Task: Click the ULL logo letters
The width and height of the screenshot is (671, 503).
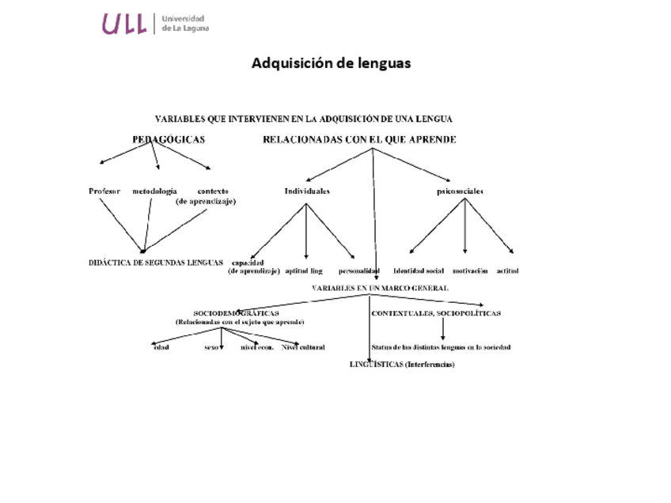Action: coord(124,25)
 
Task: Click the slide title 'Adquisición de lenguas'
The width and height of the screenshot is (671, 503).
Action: coord(331,63)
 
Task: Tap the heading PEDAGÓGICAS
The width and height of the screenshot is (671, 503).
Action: coord(169,140)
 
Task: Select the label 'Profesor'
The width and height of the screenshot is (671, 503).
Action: coord(104,191)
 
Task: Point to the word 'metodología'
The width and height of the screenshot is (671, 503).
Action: coord(154,191)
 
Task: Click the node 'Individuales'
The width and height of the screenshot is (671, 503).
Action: coord(307,191)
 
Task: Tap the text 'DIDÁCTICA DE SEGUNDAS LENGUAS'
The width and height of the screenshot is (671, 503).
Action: coord(156,263)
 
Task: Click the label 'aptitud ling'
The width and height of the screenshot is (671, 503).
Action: coord(304,270)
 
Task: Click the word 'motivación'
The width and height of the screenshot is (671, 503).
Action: coord(470,270)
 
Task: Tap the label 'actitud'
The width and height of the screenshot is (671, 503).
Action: coord(508,270)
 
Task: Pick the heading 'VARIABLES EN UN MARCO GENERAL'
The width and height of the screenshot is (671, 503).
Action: coord(380,288)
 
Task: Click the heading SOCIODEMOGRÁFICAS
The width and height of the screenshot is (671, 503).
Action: coord(236,313)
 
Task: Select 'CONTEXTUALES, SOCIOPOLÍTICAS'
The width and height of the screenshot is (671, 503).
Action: coord(436,313)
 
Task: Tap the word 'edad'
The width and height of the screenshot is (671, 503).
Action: coord(161,347)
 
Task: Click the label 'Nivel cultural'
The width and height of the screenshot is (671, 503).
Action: coord(303,347)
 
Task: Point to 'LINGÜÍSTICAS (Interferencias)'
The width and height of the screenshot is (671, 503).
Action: coord(402,365)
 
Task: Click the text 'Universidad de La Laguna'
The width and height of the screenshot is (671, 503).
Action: coord(183,24)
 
